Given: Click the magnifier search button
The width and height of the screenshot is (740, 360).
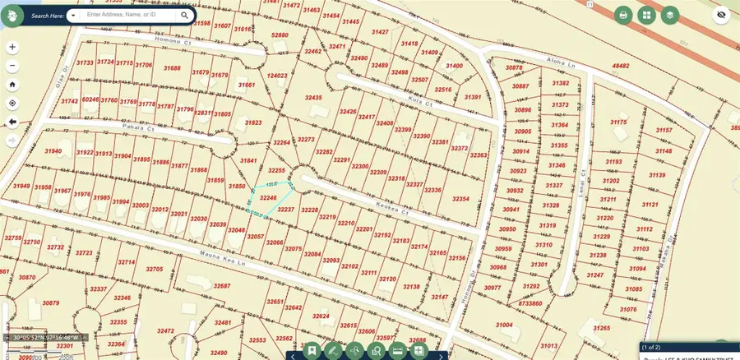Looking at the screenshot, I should pos(185,15).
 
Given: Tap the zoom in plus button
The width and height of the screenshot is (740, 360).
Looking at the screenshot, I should pos(12,48).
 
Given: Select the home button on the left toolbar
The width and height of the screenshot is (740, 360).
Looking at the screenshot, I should pos(12,84).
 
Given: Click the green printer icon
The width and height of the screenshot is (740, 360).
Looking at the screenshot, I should pos(624,15).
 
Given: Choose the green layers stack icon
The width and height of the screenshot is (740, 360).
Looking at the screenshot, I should pos(670,15).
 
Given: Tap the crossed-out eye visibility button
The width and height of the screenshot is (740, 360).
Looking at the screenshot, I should pos(721,15).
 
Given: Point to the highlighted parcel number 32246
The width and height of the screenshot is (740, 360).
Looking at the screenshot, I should pos(268,198).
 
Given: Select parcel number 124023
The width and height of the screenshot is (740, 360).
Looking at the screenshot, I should pos(277,76).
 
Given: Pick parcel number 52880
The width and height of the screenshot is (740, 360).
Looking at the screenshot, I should pos(280,35).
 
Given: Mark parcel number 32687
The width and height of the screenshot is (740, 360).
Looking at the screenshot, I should pos(222,285).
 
